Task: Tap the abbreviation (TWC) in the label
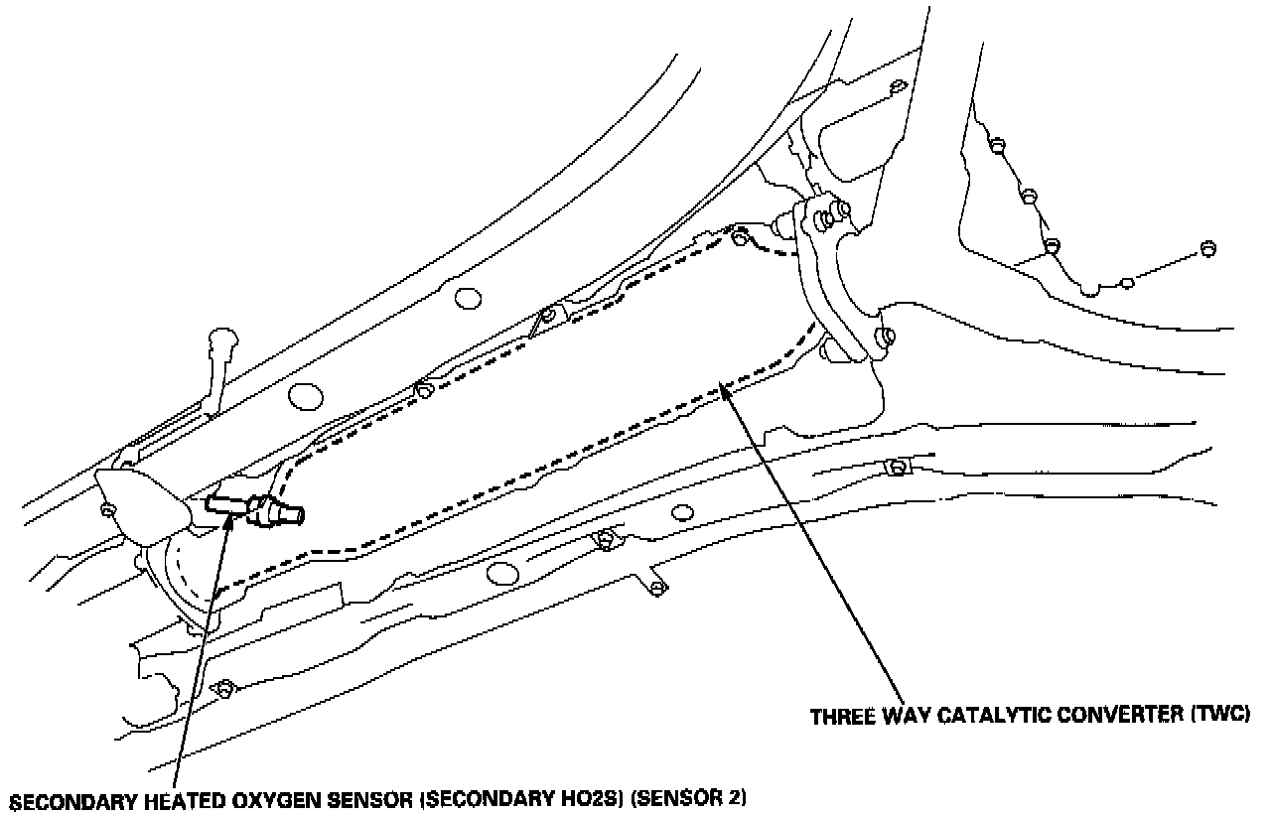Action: (1219, 716)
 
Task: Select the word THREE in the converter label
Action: (839, 716)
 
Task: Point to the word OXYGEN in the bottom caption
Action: (278, 799)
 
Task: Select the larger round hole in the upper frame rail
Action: (305, 396)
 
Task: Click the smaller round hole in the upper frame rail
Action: (464, 297)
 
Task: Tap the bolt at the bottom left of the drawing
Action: (225, 687)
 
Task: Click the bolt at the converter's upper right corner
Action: (739, 237)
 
